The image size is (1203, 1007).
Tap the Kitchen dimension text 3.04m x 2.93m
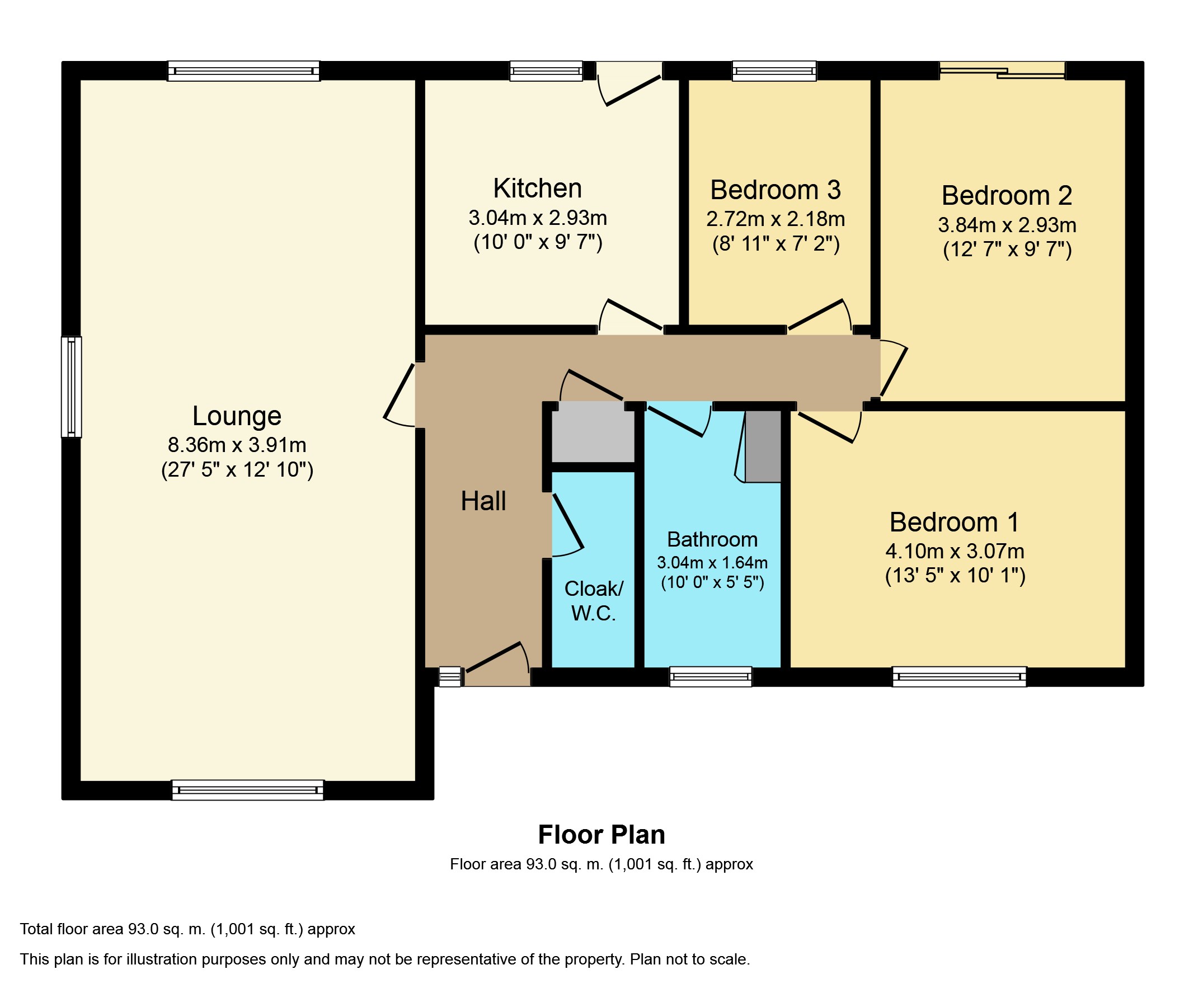coord(537,218)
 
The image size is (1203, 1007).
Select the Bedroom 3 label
coord(776,190)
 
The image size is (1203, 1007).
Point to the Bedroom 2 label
coord(1007,196)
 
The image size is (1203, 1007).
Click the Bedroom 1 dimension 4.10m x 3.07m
coord(955,551)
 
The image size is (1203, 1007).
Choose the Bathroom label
coord(712,540)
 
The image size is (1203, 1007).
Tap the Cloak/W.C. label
coord(594,601)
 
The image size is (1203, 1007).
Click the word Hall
coord(483,501)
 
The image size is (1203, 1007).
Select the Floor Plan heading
coord(601,835)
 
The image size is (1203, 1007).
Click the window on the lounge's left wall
coord(72,387)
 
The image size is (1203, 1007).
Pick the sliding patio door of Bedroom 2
coord(1002,71)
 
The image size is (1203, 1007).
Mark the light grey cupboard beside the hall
coord(593,431)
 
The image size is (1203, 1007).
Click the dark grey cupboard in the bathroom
coord(763,446)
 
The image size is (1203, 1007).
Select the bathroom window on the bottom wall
coord(711,676)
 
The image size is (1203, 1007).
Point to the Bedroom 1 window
coord(960,676)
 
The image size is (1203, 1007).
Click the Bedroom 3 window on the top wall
coord(774,71)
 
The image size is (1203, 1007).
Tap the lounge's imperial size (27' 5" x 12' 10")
coord(237,470)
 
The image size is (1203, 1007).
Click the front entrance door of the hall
coord(497,665)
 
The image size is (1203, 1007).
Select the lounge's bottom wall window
coord(247,790)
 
